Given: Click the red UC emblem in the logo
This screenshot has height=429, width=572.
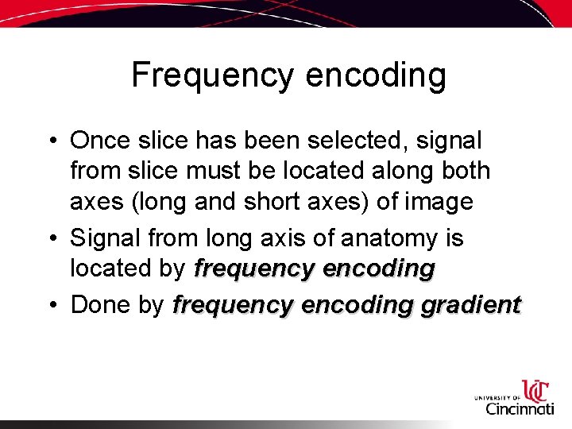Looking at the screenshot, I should pos(535,392).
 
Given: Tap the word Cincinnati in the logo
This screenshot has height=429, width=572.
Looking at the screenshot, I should pos(520,409).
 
